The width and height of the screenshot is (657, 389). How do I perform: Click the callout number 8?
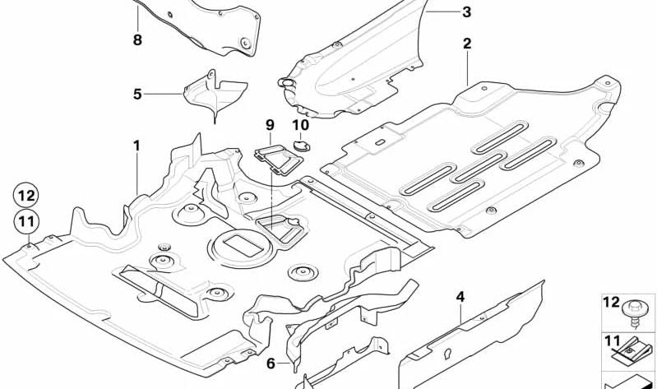(x=137, y=40)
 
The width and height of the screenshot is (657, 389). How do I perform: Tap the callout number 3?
(x=466, y=12)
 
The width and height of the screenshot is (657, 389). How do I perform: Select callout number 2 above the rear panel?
(x=467, y=44)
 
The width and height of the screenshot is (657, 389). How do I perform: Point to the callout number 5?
(x=137, y=94)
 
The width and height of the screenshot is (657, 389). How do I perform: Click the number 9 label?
(x=270, y=124)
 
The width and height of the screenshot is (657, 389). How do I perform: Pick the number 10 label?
(x=300, y=124)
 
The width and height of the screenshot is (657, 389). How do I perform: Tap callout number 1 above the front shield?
(x=136, y=146)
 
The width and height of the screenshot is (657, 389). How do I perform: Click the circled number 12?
(x=26, y=196)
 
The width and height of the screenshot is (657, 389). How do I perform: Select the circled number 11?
(x=26, y=221)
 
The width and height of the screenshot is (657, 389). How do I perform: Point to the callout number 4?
(x=460, y=297)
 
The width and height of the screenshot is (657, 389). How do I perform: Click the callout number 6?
(x=271, y=364)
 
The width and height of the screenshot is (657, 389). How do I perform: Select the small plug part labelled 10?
(x=301, y=146)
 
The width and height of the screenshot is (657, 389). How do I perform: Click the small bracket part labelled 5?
(x=215, y=95)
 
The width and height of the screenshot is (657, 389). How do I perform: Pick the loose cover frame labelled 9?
(x=279, y=160)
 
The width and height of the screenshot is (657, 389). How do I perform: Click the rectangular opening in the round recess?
(x=243, y=246)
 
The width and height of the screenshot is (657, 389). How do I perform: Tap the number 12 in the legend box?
(x=611, y=302)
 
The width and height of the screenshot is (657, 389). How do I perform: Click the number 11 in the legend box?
(x=611, y=340)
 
